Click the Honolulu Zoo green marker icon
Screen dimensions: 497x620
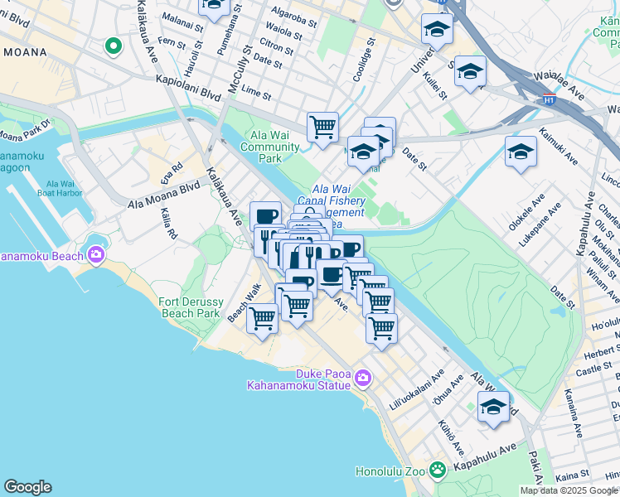438,470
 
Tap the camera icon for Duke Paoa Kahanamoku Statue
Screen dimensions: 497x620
362,379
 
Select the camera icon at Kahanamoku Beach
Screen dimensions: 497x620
97,255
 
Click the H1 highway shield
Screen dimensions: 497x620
549,100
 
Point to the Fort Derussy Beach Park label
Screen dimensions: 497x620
190,308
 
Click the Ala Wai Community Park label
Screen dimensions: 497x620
270,142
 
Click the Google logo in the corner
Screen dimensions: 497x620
27,487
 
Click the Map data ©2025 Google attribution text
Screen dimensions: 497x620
568,490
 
